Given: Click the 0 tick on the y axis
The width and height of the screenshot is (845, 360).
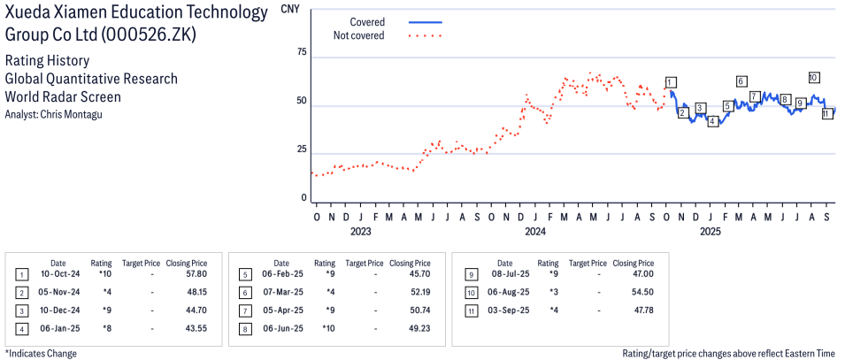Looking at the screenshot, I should [x=303, y=198].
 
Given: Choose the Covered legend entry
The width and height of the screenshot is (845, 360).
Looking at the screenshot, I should [x=366, y=21].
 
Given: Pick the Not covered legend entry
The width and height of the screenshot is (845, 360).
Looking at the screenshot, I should [x=358, y=35].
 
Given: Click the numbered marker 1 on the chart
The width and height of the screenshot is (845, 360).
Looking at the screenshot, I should [x=671, y=82].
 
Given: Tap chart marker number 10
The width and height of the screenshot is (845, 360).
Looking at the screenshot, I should [x=813, y=77].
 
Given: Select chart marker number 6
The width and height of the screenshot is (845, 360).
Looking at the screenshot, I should [x=741, y=81].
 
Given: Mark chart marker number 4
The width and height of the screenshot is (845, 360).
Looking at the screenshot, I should [x=712, y=121].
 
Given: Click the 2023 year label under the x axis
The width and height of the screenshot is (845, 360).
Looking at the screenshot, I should [x=360, y=232].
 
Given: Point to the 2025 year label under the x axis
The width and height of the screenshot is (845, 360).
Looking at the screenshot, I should [x=710, y=232].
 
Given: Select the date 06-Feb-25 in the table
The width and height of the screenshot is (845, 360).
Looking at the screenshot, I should [x=281, y=274].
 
